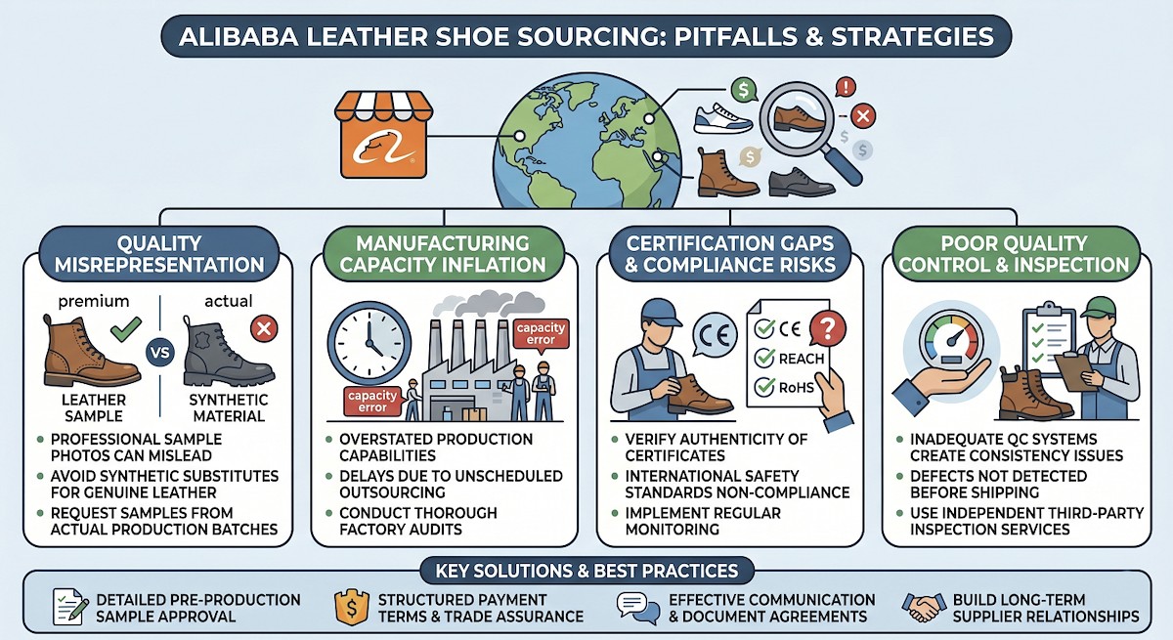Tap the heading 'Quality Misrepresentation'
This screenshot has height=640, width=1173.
[x=157, y=253]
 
